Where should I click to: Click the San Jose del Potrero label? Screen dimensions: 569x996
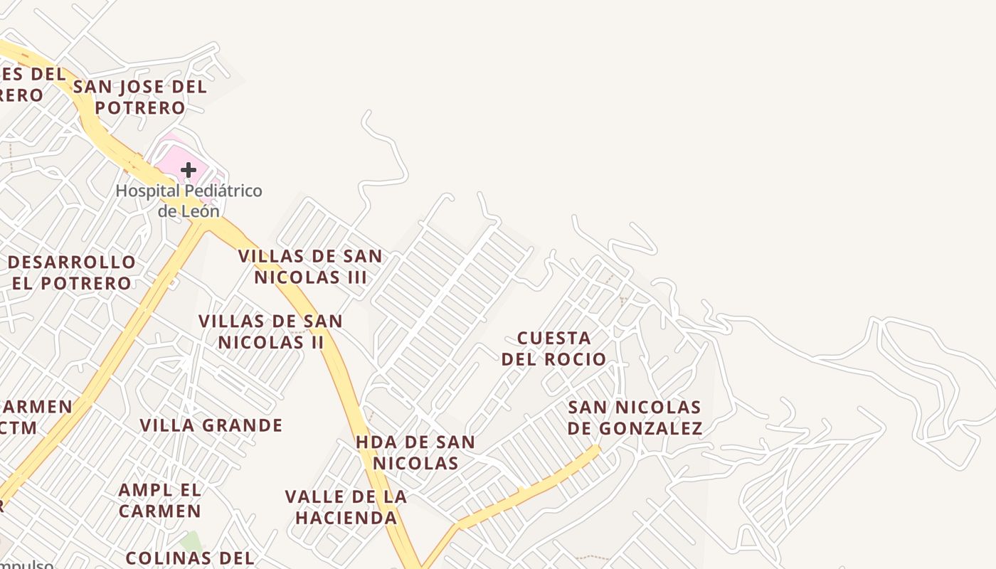[139, 97]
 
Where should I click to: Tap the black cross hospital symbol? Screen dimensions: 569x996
[189, 170]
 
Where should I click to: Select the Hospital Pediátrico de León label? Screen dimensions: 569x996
[189, 201]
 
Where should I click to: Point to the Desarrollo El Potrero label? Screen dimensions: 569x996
[71, 272]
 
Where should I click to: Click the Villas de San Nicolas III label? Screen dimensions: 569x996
[310, 267]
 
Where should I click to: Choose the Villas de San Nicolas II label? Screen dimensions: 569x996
[271, 331]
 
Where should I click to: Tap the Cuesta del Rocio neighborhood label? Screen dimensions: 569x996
[554, 348]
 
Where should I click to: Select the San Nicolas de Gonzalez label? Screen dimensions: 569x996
[635, 418]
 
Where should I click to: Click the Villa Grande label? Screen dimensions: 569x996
[211, 425]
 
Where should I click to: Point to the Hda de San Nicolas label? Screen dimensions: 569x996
[415, 452]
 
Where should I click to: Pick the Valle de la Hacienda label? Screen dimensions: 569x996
[346, 507]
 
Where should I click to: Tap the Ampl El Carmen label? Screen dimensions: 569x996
[160, 500]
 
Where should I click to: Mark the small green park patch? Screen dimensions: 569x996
[190, 541]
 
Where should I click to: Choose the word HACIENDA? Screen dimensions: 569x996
[346, 518]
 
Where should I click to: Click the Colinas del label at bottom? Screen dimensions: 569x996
[189, 558]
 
